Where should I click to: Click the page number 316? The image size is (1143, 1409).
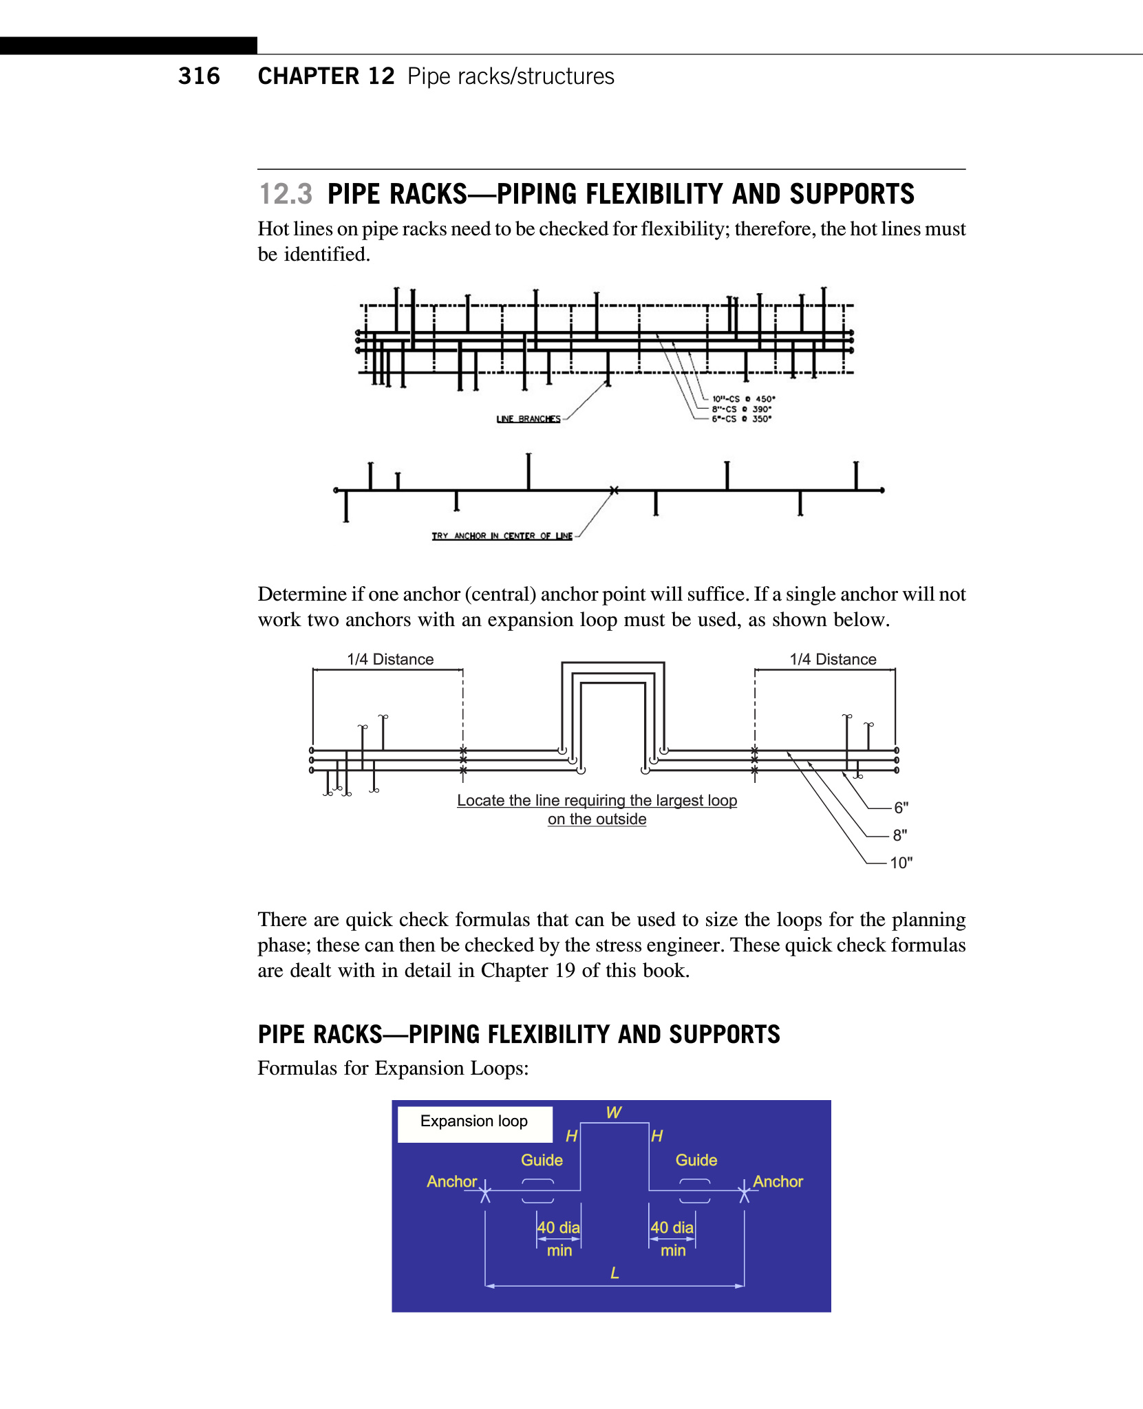[199, 76]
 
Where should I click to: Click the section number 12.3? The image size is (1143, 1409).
[285, 194]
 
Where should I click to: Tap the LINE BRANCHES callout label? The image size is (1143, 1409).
[528, 419]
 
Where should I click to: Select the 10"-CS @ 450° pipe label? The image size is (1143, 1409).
[743, 399]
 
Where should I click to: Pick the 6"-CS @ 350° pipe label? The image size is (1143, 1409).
[741, 419]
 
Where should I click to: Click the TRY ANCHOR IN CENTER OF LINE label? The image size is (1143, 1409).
[502, 536]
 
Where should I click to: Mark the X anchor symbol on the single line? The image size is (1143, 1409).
[614, 491]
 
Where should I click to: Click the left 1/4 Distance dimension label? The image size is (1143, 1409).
[390, 659]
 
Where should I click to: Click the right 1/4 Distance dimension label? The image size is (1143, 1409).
[833, 659]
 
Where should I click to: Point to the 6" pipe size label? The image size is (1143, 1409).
[901, 808]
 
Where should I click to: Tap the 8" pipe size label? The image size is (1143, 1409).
[900, 835]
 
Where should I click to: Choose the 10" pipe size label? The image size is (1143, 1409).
[901, 863]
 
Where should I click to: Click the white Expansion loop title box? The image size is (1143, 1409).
[474, 1122]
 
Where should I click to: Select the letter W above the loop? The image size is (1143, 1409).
[614, 1112]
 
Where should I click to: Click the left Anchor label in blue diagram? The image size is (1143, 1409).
[451, 1181]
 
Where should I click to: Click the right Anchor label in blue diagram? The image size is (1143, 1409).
[778, 1181]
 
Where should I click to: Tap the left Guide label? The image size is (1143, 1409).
[542, 1160]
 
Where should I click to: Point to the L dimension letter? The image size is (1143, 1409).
[615, 1273]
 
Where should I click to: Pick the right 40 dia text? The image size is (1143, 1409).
[672, 1227]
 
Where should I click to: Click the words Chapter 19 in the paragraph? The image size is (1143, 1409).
[528, 970]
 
